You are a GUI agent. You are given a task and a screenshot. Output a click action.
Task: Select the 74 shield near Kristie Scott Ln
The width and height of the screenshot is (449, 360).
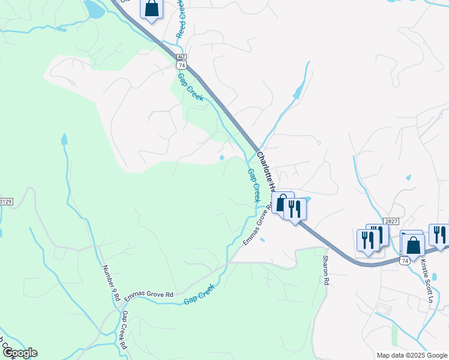click(405, 261)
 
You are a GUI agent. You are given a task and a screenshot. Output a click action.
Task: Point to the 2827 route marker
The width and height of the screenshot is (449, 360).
click(392, 221)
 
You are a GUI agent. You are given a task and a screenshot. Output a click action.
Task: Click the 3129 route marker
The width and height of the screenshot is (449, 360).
click(5, 202)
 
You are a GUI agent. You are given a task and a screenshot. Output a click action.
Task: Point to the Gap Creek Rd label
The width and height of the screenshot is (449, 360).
click(124, 330)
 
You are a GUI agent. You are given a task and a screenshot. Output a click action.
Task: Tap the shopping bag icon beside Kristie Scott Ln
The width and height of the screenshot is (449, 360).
click(413, 244)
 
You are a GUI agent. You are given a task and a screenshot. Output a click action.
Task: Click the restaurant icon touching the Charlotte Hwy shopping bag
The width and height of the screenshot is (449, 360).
click(294, 209)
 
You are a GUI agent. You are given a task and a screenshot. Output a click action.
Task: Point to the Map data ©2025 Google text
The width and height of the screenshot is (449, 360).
click(411, 355)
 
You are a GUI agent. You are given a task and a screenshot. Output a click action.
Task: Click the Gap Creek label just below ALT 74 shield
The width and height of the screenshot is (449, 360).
click(190, 87)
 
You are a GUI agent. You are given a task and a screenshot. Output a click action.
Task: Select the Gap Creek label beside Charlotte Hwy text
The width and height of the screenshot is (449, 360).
click(255, 185)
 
